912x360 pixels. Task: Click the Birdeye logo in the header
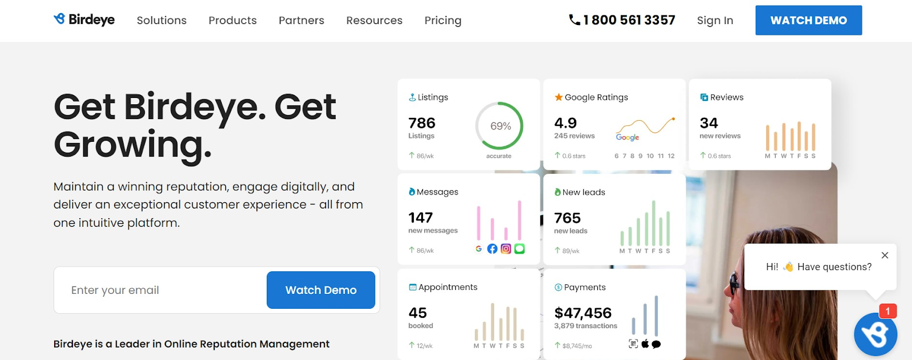coord(84,19)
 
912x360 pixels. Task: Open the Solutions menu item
coord(162,21)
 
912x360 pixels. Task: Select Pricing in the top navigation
coord(443,21)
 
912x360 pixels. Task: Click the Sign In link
coord(715,21)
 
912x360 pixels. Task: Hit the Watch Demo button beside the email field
coord(321,290)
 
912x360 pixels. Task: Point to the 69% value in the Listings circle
coord(500,126)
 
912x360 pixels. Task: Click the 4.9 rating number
coord(565,123)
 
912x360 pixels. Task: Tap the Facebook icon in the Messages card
coord(492,248)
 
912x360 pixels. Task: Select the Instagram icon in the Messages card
coord(506,248)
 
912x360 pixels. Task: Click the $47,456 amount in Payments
coord(583,313)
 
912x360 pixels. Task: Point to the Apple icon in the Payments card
coord(645,344)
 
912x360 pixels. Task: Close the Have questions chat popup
coord(885,255)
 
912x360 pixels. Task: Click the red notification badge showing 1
coord(887,311)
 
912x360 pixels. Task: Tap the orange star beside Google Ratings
coord(559,97)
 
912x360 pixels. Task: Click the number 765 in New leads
coord(567,218)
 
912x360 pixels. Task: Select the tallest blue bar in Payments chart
coord(656,316)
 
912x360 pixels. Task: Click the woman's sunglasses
coord(734,283)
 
